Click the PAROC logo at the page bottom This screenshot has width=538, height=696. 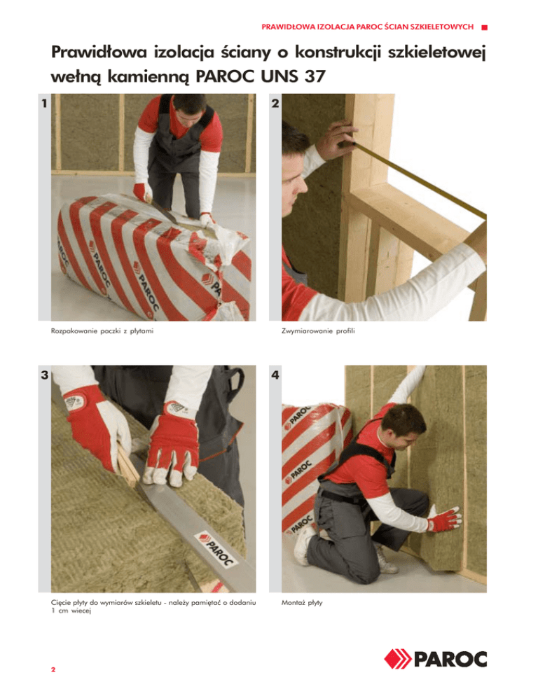(435, 659)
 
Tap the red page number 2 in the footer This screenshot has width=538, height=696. (53, 669)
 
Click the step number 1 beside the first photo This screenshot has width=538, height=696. (44, 104)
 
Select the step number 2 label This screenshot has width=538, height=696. (275, 104)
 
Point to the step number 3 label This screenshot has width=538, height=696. (44, 375)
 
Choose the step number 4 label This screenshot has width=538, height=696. (275, 375)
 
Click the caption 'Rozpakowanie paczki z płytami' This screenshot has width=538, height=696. (102, 331)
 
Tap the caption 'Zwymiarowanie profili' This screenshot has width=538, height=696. (318, 331)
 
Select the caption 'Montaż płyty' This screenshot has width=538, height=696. (302, 603)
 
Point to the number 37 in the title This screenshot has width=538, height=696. (315, 76)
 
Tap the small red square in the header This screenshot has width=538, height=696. (484, 27)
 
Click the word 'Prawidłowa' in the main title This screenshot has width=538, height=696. (99, 53)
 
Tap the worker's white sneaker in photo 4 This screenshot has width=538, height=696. (304, 545)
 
